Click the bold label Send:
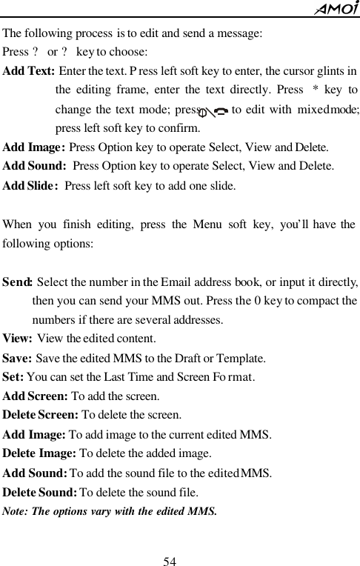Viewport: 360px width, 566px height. pyautogui.click(x=17, y=282)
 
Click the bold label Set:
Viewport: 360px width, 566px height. pyautogui.click(x=13, y=376)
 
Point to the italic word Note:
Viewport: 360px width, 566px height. pyautogui.click(x=16, y=510)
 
